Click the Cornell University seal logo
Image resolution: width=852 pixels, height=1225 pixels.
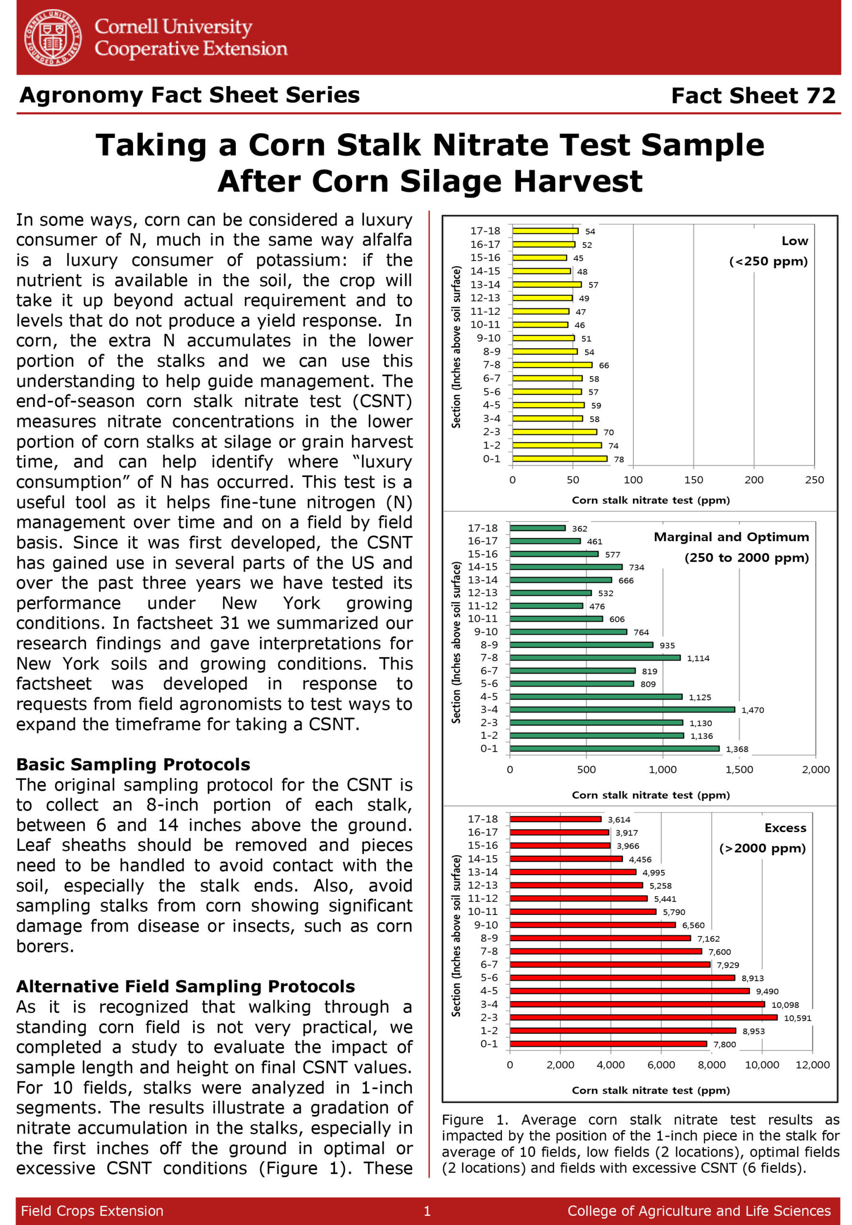pos(53,38)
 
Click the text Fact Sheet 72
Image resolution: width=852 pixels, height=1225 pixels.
pos(753,96)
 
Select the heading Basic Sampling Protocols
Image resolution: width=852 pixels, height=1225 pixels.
pos(133,765)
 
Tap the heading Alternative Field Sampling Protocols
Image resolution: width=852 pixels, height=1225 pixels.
pos(185,987)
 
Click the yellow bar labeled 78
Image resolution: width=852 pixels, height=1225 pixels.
pos(559,459)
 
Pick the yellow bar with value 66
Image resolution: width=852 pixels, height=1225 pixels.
pos(552,365)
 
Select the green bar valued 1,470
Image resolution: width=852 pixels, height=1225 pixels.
pos(621,710)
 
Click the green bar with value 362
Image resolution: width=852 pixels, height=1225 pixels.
pos(537,528)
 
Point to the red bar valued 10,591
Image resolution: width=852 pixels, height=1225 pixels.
pos(643,1017)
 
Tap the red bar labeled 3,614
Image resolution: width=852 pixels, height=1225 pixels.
pos(555,819)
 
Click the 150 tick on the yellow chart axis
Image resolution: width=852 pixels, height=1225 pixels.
pos(693,479)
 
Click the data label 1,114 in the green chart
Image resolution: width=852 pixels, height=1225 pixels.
pos(698,658)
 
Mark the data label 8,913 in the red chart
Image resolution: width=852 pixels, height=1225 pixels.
pos(752,978)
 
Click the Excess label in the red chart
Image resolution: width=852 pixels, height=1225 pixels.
pos(785,828)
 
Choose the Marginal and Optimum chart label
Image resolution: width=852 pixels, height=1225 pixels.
pos(731,537)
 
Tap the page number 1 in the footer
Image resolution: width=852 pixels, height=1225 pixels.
pos(427,1211)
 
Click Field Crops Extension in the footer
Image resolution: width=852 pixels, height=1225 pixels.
pos(92,1211)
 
